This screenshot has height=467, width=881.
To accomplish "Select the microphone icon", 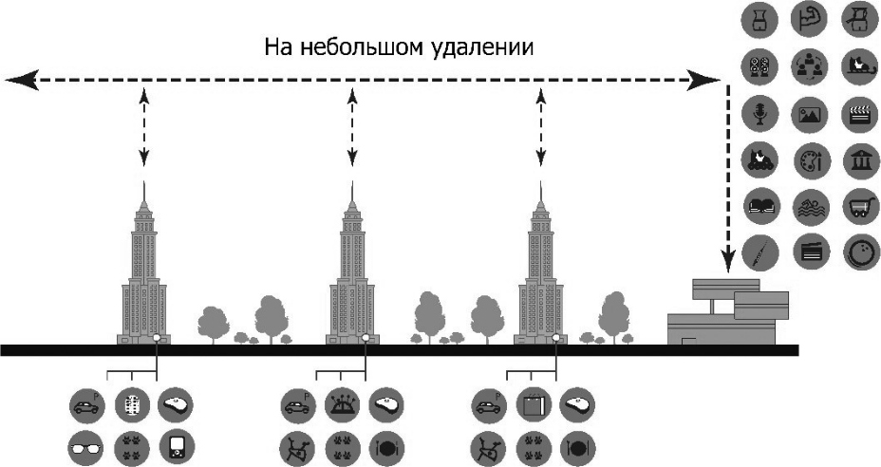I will click(x=759, y=112).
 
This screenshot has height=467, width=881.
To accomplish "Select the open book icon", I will click(x=759, y=205).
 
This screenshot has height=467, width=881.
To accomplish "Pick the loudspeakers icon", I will click(x=759, y=65).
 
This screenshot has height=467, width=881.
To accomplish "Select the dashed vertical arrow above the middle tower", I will click(x=352, y=128).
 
